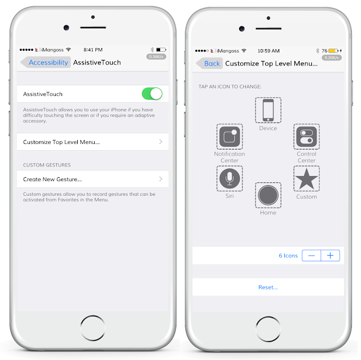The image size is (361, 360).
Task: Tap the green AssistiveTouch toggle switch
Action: pyautogui.click(x=152, y=94)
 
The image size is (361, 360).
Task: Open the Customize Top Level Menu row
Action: pyautogui.click(x=93, y=142)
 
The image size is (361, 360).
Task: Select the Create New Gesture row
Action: pyautogui.click(x=93, y=179)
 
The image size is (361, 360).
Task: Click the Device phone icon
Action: pyautogui.click(x=268, y=110)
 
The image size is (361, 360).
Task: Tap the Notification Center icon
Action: pyautogui.click(x=230, y=137)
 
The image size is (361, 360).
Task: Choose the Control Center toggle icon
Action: pyautogui.click(x=306, y=137)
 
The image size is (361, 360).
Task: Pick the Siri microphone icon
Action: pyautogui.click(x=230, y=178)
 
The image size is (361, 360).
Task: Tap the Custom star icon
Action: pyautogui.click(x=306, y=178)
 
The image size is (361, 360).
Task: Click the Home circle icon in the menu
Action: pyautogui.click(x=268, y=195)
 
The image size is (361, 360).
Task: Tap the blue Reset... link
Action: pyautogui.click(x=268, y=287)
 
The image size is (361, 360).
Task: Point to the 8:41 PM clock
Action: pyautogui.click(x=93, y=50)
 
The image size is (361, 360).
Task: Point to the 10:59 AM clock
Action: pyautogui.click(x=268, y=51)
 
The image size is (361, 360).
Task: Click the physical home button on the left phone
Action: pyautogui.click(x=93, y=328)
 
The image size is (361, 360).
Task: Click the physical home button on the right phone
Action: pyautogui.click(x=268, y=329)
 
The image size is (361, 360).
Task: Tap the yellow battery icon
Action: pyautogui.click(x=333, y=51)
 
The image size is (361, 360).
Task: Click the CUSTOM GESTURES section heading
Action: pyautogui.click(x=47, y=165)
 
